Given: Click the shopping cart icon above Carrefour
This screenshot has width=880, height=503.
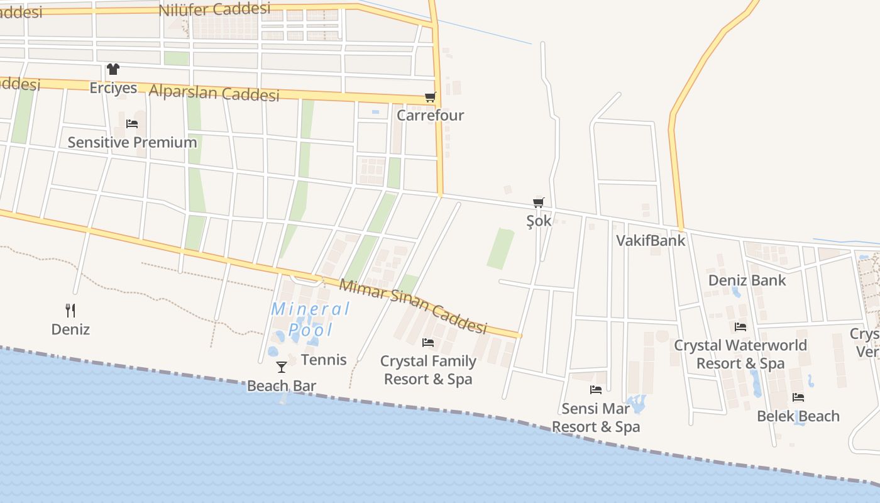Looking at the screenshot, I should tap(430, 97).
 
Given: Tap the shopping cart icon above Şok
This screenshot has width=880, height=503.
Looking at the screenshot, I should tap(538, 202).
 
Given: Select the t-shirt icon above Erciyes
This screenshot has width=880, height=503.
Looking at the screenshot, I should tap(113, 69).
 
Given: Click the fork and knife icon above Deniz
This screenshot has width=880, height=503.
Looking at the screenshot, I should tap(70, 310).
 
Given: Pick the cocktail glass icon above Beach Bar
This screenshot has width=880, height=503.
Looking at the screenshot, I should tap(281, 367).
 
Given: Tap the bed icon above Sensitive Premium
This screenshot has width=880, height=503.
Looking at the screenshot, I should tap(132, 123).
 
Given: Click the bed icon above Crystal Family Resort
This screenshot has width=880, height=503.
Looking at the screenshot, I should tap(428, 343).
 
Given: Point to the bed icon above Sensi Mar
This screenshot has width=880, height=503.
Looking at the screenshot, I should tap(596, 390).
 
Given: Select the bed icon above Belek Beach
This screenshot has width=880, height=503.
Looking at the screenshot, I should tap(798, 397).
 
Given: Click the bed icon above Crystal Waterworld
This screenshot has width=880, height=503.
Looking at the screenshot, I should tap(740, 327).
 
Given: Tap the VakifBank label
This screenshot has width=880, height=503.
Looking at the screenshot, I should tap(651, 240).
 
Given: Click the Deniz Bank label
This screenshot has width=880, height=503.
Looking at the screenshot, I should tap(747, 280).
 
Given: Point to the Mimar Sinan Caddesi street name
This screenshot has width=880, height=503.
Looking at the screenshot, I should tap(413, 306).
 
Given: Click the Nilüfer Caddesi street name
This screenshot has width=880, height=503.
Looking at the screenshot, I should tap(214, 9).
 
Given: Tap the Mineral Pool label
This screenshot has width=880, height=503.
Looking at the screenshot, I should tap(311, 319).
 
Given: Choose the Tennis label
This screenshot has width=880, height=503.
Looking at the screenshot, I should tap(324, 360).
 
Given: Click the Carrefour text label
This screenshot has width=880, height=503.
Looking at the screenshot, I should tap(430, 115).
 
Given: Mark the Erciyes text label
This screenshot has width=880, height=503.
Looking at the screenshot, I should tap(113, 87).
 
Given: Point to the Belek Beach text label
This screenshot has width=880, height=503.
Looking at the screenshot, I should tap(798, 416).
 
